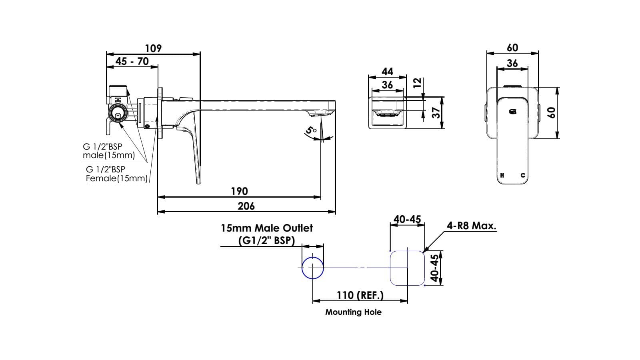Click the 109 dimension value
(x=153, y=48)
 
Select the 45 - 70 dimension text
(x=132, y=61)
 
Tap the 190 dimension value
(x=239, y=191)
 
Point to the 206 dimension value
(x=246, y=206)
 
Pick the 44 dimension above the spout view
(x=387, y=72)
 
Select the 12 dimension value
(x=417, y=83)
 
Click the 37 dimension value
(x=436, y=112)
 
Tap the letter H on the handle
(x=502, y=175)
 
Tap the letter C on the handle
(x=523, y=175)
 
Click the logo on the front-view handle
(x=512, y=112)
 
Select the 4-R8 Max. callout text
(x=471, y=226)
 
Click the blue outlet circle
(x=312, y=268)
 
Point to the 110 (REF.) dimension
(x=360, y=295)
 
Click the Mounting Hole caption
(x=353, y=312)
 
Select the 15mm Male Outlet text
(x=267, y=228)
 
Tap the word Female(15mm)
(x=117, y=178)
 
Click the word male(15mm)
(x=108, y=155)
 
